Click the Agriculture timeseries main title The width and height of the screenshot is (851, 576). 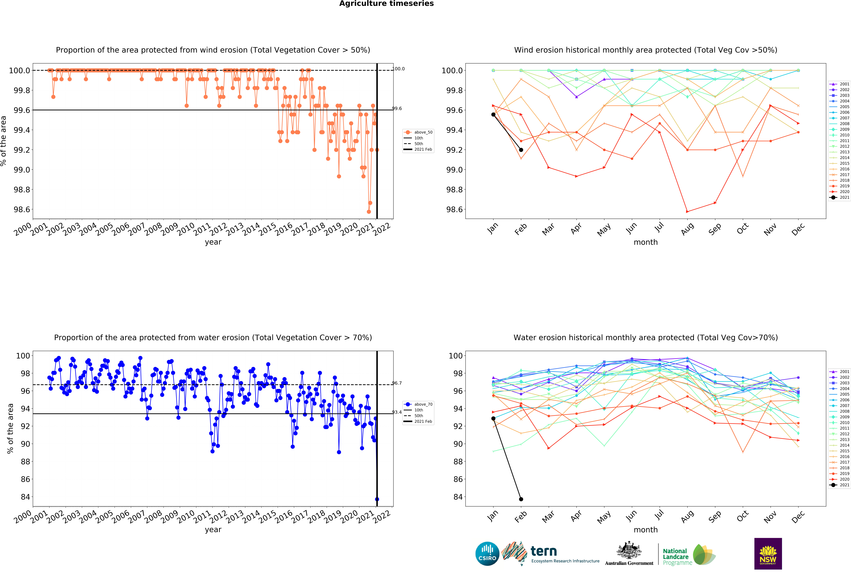point(386,4)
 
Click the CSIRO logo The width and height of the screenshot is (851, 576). point(487,554)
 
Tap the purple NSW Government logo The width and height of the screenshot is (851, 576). point(768,554)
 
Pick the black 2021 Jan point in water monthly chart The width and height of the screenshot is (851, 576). point(493,418)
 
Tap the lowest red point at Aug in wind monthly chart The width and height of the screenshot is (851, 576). point(687,212)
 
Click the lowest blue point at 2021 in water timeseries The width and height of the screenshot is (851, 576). point(377,499)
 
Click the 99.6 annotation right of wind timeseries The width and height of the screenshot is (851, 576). point(397,109)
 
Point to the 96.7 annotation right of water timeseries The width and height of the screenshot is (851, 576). point(397,383)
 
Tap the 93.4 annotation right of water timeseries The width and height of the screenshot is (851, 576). point(397,412)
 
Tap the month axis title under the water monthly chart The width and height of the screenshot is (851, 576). point(646,530)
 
